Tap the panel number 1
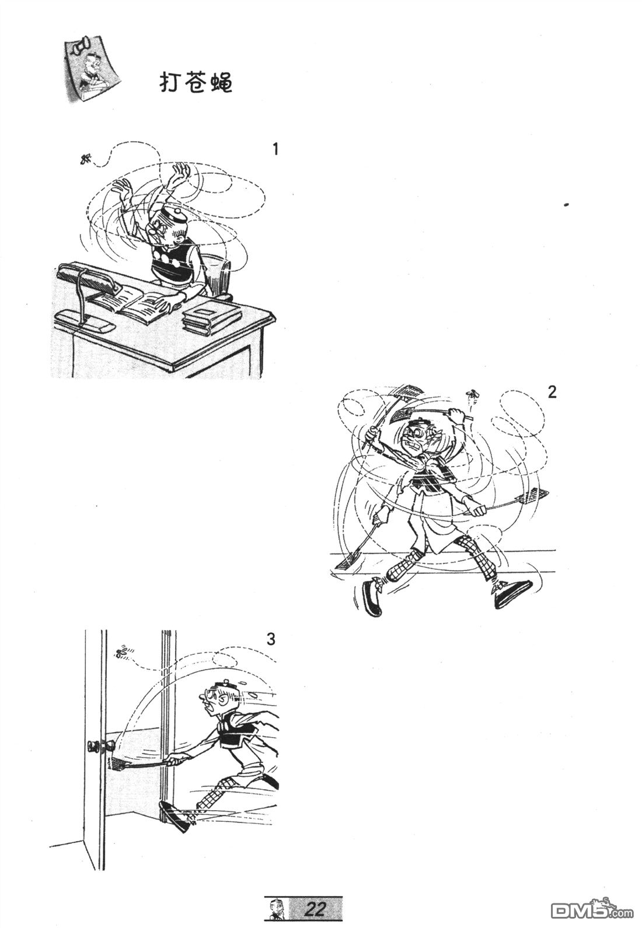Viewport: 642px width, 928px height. pyautogui.click(x=275, y=149)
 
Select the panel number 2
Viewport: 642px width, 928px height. pyautogui.click(x=552, y=392)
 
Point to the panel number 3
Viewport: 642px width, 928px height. pyautogui.click(x=270, y=639)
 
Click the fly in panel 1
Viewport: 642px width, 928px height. pyautogui.click(x=86, y=158)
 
